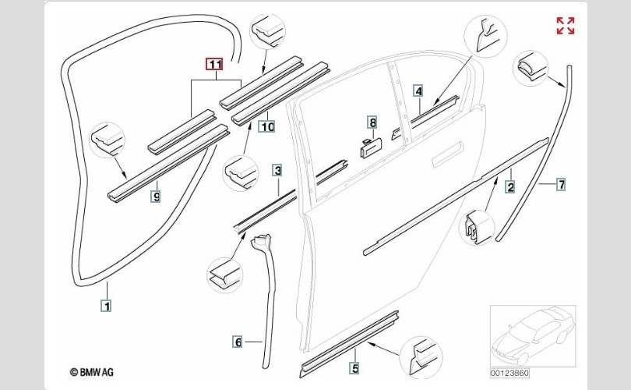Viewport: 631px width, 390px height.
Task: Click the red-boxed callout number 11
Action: click(x=214, y=65)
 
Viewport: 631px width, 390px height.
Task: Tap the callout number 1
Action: click(x=106, y=306)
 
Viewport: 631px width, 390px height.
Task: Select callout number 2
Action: click(x=510, y=187)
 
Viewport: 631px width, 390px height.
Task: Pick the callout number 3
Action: click(x=277, y=170)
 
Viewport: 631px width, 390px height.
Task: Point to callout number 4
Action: click(x=419, y=91)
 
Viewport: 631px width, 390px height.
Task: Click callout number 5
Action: click(x=355, y=368)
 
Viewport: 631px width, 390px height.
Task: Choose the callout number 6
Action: click(x=238, y=342)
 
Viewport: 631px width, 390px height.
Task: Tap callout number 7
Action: click(x=561, y=185)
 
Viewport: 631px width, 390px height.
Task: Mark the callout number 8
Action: click(x=372, y=122)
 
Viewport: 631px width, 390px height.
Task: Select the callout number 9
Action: click(x=156, y=197)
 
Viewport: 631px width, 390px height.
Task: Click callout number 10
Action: click(x=266, y=127)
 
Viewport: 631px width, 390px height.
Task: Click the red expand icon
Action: click(x=566, y=26)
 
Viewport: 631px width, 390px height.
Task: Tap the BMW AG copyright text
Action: click(x=92, y=372)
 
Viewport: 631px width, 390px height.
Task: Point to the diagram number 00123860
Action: click(x=509, y=373)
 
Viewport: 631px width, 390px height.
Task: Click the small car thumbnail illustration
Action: click(x=533, y=336)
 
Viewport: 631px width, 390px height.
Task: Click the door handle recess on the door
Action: click(x=447, y=154)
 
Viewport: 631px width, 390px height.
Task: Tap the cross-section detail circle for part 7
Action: click(x=531, y=68)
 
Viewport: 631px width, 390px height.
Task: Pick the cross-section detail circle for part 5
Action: click(x=421, y=357)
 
